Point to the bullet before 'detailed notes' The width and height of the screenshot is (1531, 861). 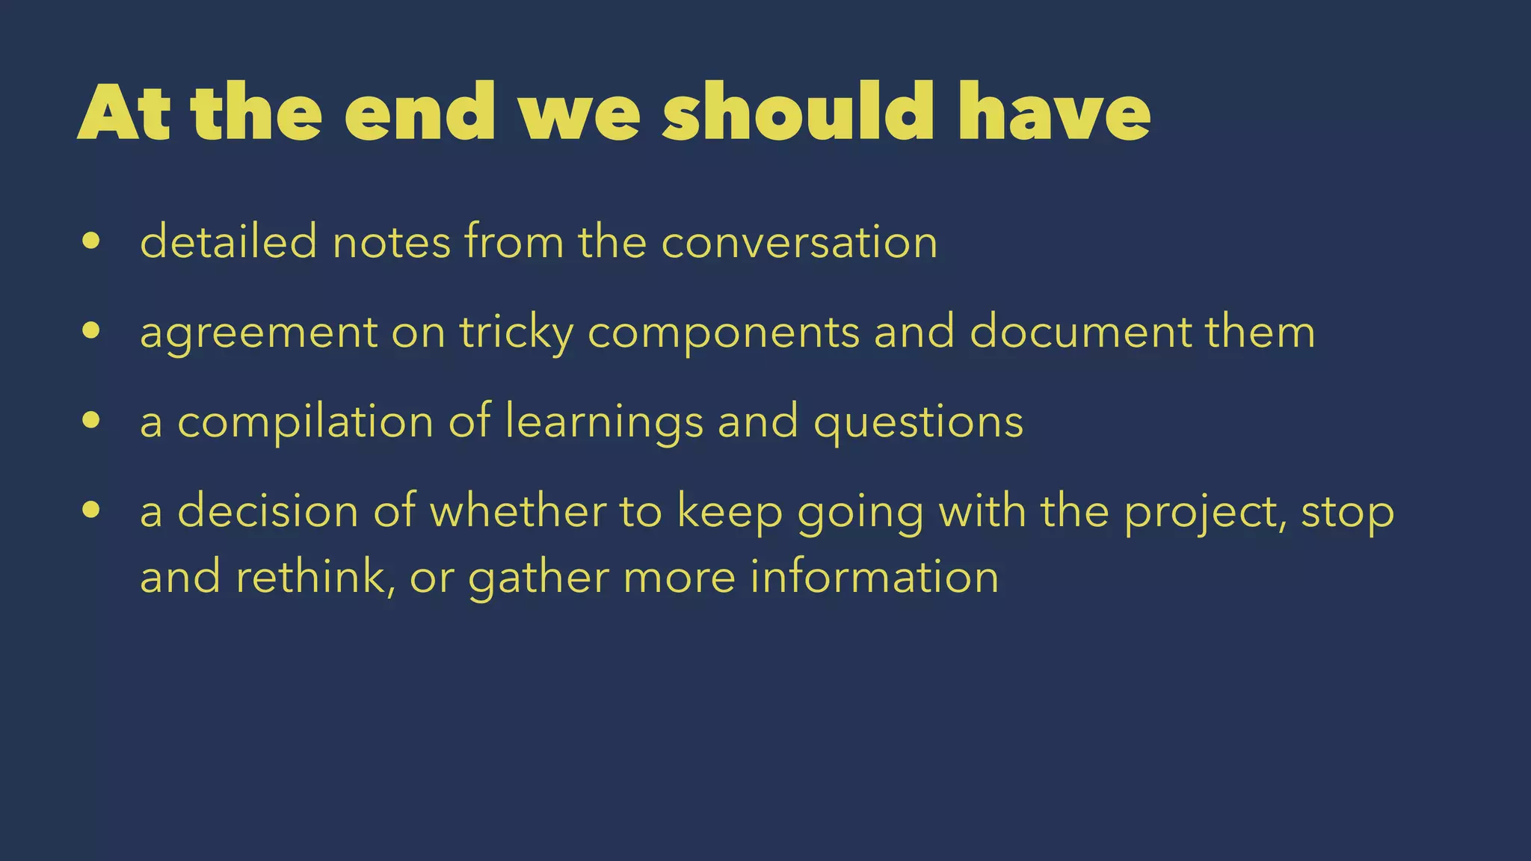click(x=91, y=241)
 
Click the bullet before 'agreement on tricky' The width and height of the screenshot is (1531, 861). click(x=91, y=330)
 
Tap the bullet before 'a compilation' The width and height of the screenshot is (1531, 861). click(x=91, y=420)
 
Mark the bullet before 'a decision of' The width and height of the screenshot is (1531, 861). click(x=91, y=510)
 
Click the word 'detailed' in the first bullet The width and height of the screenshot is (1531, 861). click(x=228, y=242)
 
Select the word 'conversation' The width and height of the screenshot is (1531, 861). click(x=799, y=243)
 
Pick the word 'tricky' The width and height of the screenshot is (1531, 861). click(x=516, y=333)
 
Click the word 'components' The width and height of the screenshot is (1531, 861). click(x=724, y=333)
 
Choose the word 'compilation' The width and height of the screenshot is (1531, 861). click(x=305, y=423)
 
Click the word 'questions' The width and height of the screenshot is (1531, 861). click(x=918, y=423)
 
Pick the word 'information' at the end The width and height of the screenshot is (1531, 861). click(x=874, y=577)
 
